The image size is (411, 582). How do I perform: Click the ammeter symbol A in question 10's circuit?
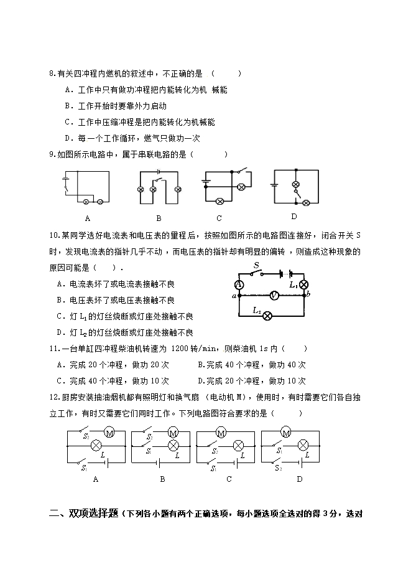[x=239, y=284]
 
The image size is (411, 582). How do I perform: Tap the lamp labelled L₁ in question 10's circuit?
[x=304, y=284]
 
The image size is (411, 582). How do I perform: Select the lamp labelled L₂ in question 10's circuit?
[x=267, y=316]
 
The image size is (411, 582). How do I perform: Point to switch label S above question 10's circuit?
[x=256, y=266]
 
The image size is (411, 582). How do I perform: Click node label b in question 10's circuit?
[x=309, y=293]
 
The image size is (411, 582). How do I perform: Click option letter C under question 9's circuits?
[x=219, y=218]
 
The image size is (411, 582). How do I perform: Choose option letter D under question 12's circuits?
[x=299, y=479]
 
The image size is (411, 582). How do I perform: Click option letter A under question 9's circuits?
[x=87, y=218]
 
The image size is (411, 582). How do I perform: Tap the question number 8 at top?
[x=51, y=73]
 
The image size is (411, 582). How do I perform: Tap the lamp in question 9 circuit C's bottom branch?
[x=219, y=200]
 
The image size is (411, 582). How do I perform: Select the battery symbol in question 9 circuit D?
[x=274, y=185]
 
